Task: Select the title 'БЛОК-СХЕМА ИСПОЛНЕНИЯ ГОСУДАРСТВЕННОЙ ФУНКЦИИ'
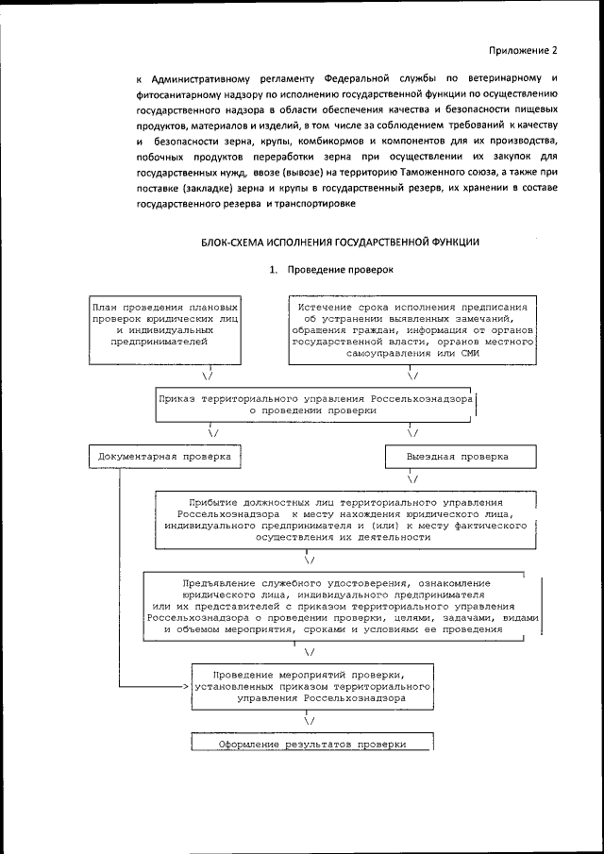point(340,243)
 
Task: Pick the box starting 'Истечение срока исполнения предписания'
point(412,329)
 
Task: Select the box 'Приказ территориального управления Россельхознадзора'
point(315,405)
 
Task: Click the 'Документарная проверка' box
point(164,456)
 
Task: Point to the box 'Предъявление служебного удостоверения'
point(344,607)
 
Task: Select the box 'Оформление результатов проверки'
point(311,744)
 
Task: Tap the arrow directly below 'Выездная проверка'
point(413,479)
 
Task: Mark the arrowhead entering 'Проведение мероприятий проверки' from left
point(186,688)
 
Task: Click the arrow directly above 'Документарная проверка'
point(213,433)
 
